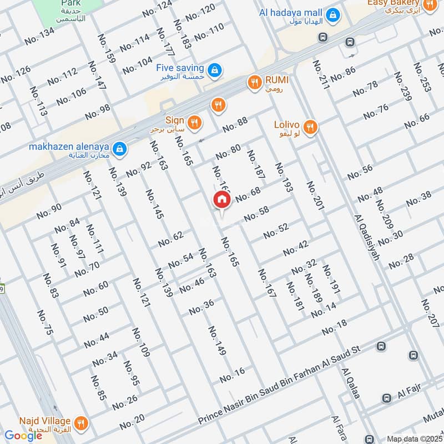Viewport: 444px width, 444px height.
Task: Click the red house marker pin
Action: click(222, 200)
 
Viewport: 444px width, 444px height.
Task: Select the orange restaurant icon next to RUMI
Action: click(254, 83)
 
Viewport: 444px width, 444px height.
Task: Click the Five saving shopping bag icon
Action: click(214, 70)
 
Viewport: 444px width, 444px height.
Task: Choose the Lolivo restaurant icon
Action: click(310, 127)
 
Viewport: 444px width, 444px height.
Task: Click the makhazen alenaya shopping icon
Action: click(119, 149)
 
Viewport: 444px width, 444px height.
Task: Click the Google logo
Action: click(23, 435)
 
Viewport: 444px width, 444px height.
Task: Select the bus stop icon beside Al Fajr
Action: click(386, 398)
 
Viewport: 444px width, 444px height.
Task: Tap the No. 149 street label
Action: click(217, 340)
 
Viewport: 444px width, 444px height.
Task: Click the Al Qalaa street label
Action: click(351, 383)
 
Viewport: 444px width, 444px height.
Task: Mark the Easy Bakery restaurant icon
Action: click(429, 5)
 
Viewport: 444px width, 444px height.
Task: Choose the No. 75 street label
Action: click(45, 322)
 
